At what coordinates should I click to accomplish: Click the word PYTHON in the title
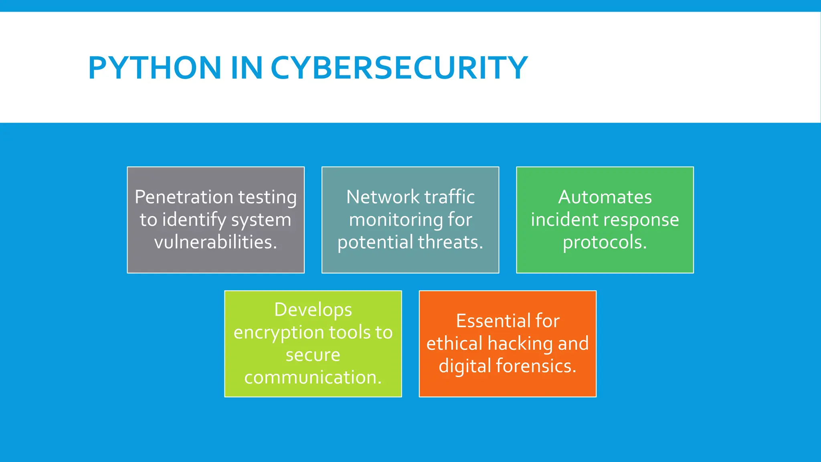(155, 67)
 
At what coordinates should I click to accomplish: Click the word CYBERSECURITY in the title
(399, 67)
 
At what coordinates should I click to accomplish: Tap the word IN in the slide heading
(246, 67)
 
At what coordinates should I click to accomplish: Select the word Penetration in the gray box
(184, 197)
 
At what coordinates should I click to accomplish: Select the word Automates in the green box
(605, 197)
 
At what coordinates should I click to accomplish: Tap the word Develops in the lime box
(313, 310)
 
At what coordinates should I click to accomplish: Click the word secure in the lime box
(313, 355)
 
